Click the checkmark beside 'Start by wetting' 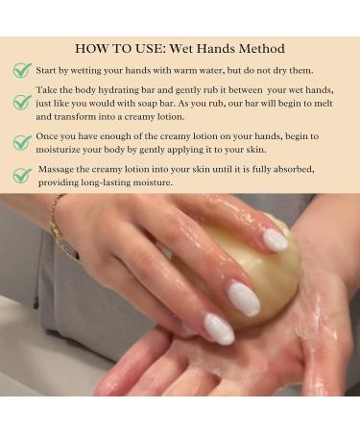pyautogui.click(x=22, y=71)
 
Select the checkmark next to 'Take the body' pyautogui.click(x=22, y=102)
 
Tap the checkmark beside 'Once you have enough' pyautogui.click(x=22, y=143)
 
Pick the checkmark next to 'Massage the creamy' pyautogui.click(x=22, y=176)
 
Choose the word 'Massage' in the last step pyautogui.click(x=60, y=169)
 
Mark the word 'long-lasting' pyautogui.click(x=115, y=182)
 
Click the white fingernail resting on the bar pyautogui.click(x=276, y=239)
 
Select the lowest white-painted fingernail pyautogui.click(x=218, y=329)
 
